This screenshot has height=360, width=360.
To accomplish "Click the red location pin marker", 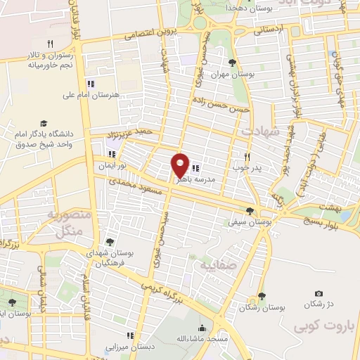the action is [x=180, y=165].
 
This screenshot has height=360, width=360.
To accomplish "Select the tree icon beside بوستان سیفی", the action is [x=250, y=210].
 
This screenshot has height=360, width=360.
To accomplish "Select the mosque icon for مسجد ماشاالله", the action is [x=202, y=328].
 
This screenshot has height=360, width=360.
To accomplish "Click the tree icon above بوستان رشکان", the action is [x=262, y=296].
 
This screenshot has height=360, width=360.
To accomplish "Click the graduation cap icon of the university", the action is [x=44, y=122].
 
